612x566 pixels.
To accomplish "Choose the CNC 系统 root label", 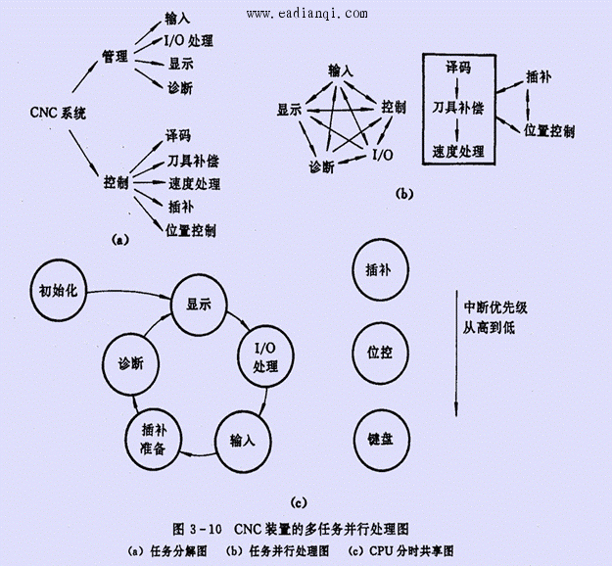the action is pyautogui.click(x=58, y=114).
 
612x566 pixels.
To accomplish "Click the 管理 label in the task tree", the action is pyautogui.click(x=115, y=57).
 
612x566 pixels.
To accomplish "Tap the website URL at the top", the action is pyautogui.click(x=306, y=14).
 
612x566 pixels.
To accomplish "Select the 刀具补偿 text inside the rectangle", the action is pyautogui.click(x=458, y=108).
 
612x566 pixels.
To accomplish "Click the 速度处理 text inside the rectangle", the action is pyautogui.click(x=458, y=152).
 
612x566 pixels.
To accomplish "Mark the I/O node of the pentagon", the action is pyautogui.click(x=383, y=155).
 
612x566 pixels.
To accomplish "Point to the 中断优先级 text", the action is pyautogui.click(x=495, y=307).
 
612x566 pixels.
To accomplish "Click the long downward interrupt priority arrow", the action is pyautogui.click(x=456, y=354).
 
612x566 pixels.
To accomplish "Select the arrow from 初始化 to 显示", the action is pyautogui.click(x=128, y=293).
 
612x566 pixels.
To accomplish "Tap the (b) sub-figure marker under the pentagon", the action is pyautogui.click(x=403, y=194).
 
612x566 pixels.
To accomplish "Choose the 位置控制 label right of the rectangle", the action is pyautogui.click(x=549, y=131).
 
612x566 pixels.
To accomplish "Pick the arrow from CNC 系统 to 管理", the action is pyautogui.click(x=85, y=76).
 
